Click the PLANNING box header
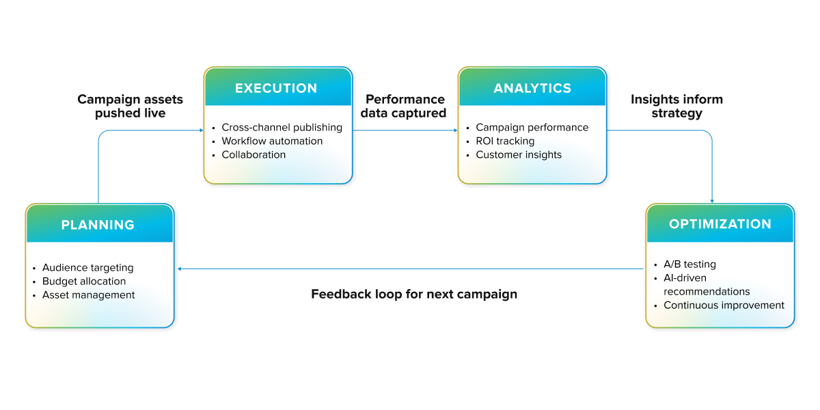(98, 225)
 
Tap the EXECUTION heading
(276, 88)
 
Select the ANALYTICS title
(532, 88)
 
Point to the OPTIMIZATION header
(720, 224)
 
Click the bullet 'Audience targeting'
(87, 268)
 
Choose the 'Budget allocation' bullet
(84, 282)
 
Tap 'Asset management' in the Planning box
(88, 295)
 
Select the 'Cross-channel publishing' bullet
(282, 127)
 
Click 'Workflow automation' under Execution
(272, 141)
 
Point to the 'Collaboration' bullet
(254, 154)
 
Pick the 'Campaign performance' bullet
(532, 127)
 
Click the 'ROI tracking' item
(505, 141)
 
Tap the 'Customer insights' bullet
(519, 154)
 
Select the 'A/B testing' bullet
(689, 264)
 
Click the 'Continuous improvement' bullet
(724, 305)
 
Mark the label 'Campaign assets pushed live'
(131, 107)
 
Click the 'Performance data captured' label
(403, 107)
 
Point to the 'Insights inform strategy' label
(676, 107)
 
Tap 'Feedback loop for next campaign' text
(414, 295)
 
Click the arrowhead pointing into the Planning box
(180, 269)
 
